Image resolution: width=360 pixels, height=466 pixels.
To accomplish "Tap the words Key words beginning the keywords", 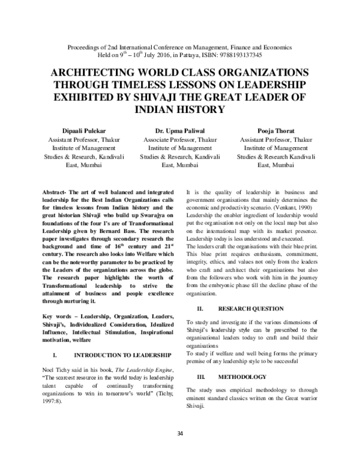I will click(61, 315).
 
